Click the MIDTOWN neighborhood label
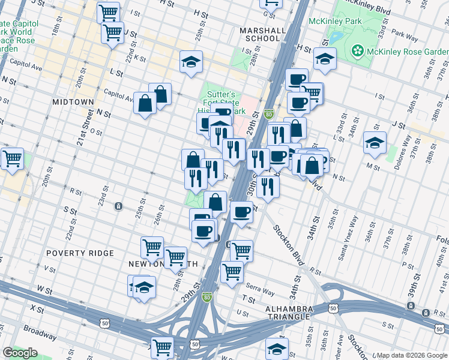73,102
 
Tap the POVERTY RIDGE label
80,253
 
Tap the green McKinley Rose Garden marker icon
358,49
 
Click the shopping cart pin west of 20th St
12,159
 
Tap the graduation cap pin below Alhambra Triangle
277,348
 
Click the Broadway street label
40,329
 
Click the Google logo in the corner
20,353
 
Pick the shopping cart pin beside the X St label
162,347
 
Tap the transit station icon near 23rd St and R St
119,206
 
